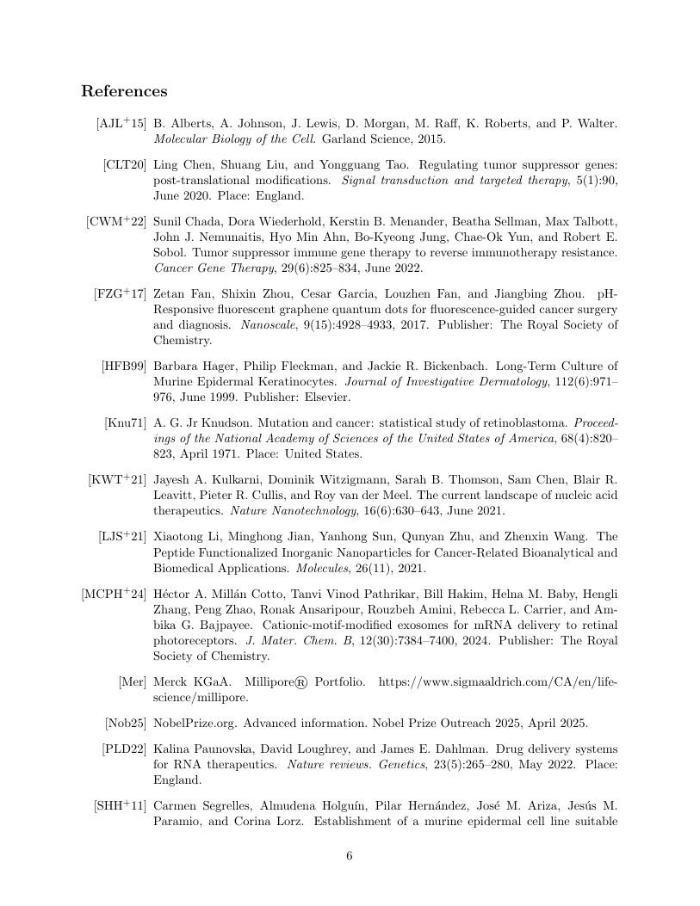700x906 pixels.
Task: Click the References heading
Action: tap(124, 91)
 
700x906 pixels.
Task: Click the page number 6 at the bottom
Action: tap(350, 855)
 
